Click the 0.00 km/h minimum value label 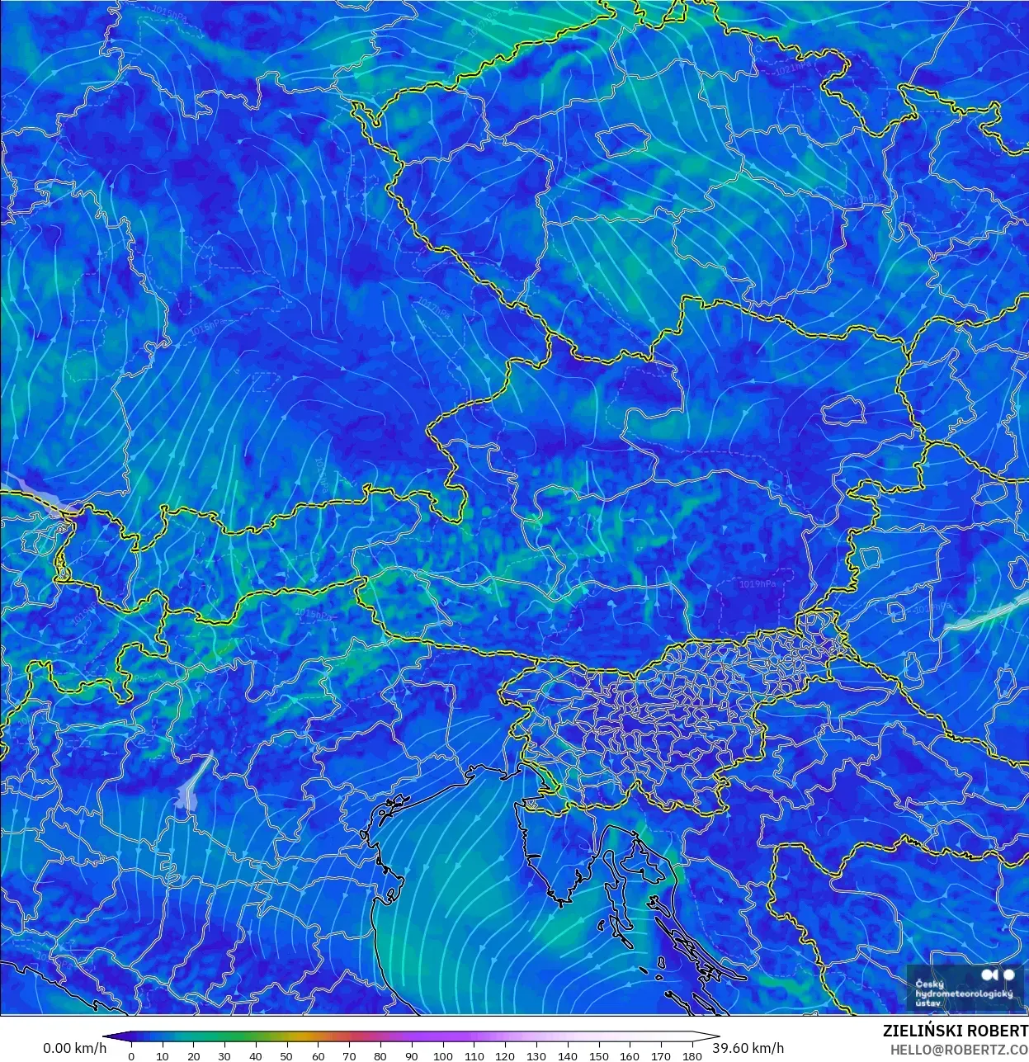point(74,1048)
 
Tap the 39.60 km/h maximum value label point(748,1048)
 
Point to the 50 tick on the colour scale point(286,1055)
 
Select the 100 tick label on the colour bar point(442,1055)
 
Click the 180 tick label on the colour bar point(692,1055)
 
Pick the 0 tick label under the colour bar point(131,1055)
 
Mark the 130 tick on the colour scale point(536,1055)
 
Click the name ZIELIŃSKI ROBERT point(955,1031)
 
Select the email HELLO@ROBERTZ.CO point(959,1049)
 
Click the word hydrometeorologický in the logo point(963,994)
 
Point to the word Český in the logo point(929,984)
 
